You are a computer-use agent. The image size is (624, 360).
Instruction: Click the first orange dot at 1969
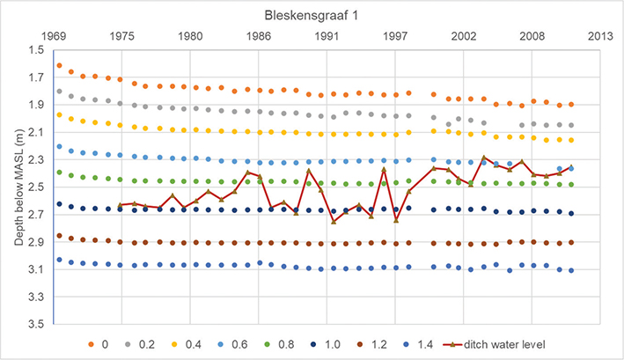[x=59, y=65]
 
